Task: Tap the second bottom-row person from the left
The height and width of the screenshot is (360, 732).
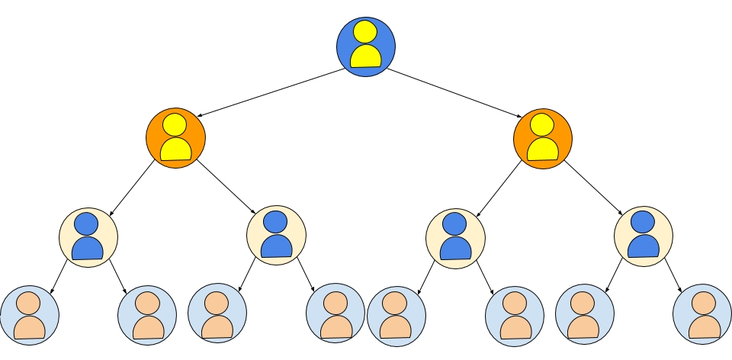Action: tap(147, 316)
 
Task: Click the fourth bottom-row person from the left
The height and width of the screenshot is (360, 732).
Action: tap(335, 313)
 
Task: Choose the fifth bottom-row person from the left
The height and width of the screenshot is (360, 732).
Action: tap(396, 317)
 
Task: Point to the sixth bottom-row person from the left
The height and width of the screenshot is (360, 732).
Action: tap(515, 317)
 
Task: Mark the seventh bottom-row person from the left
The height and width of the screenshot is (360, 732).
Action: tap(584, 314)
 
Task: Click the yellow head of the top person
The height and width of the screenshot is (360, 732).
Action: tap(365, 32)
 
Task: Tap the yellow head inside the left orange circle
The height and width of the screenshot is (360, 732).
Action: tap(175, 124)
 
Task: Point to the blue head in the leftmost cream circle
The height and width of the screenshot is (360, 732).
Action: tap(86, 223)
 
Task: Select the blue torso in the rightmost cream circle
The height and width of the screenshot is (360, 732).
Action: tap(644, 246)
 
